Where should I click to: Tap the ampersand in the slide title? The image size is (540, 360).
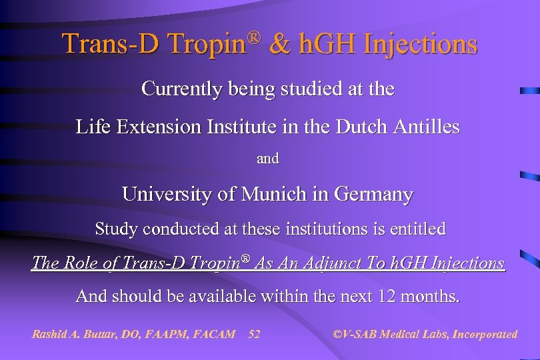point(283,43)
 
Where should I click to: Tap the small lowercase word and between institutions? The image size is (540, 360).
point(268,159)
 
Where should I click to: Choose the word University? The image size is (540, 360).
point(167,195)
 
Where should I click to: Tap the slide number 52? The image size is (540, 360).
point(254,334)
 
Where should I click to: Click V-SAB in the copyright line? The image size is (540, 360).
point(360,334)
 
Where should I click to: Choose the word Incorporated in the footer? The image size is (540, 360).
point(484,334)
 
